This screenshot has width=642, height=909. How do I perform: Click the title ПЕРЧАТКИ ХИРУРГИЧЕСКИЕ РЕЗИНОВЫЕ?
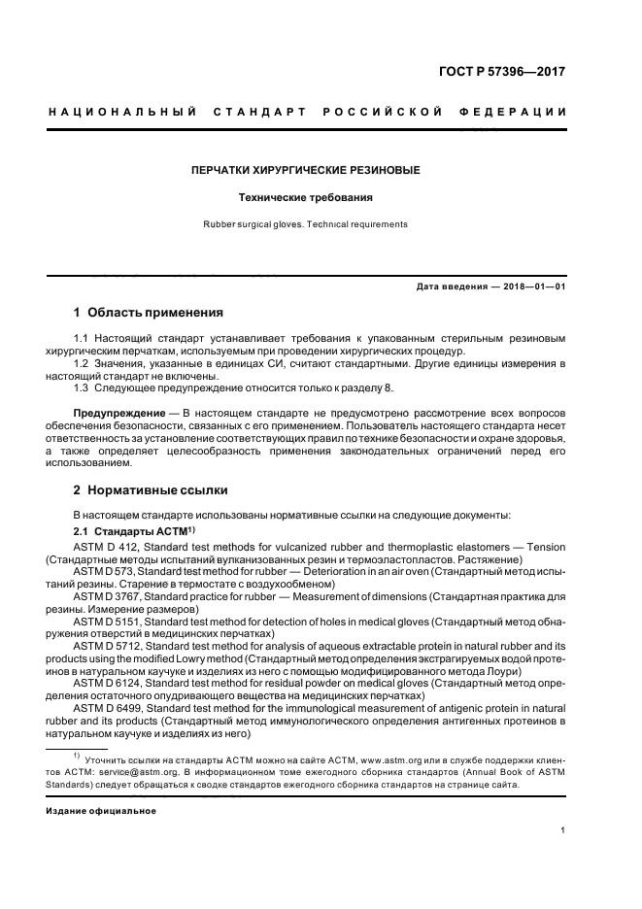point(305,171)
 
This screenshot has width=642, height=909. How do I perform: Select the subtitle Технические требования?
point(305,197)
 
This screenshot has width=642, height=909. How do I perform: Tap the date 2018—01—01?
point(534,286)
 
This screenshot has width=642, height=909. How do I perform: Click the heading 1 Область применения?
point(149,313)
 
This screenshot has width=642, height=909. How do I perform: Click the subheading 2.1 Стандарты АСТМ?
point(135,531)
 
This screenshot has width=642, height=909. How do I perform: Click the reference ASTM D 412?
point(107,548)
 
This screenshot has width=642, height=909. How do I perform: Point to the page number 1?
point(563,831)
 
